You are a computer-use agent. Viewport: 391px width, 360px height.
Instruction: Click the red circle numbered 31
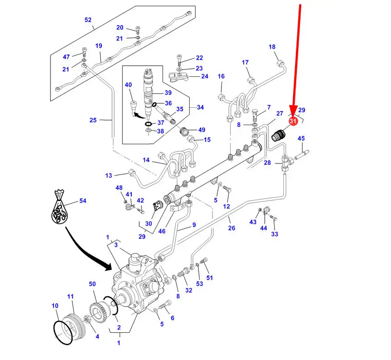(x=293, y=121)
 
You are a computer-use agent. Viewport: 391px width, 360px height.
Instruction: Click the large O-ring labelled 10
(x=63, y=333)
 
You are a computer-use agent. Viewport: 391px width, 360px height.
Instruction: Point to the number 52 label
(x=88, y=20)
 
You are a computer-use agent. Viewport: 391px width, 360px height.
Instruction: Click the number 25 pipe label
(x=93, y=120)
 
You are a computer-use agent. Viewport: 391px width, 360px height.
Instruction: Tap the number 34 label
(x=200, y=107)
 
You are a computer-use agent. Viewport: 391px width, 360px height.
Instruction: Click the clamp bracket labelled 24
(x=178, y=77)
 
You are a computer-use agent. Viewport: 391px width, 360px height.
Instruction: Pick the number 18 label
(x=272, y=46)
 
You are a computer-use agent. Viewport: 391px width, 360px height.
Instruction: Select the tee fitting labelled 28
(x=287, y=163)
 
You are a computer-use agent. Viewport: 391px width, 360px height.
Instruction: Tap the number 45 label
(x=301, y=138)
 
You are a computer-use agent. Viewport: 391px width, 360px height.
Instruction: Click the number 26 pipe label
(x=232, y=228)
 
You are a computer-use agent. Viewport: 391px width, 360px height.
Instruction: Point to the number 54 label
(x=83, y=201)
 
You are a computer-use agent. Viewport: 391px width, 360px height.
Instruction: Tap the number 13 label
(x=108, y=176)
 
